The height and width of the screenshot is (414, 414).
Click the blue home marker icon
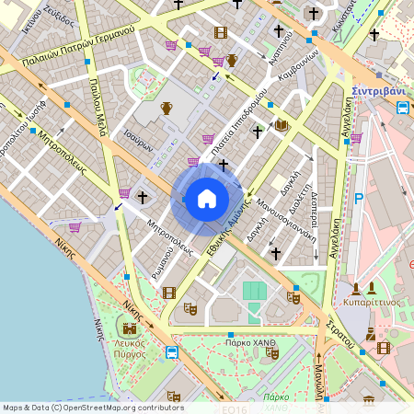coord(207,198)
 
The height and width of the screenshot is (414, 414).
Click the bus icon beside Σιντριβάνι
coord(403,108)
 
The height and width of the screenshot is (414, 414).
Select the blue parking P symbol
coord(360,197)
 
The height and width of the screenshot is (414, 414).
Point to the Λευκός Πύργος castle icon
coord(130,327)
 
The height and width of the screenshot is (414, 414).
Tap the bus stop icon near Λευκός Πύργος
coord(172,351)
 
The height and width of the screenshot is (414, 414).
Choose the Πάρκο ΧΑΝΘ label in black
coord(251,341)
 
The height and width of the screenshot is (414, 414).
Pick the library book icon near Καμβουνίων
coord(282,124)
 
